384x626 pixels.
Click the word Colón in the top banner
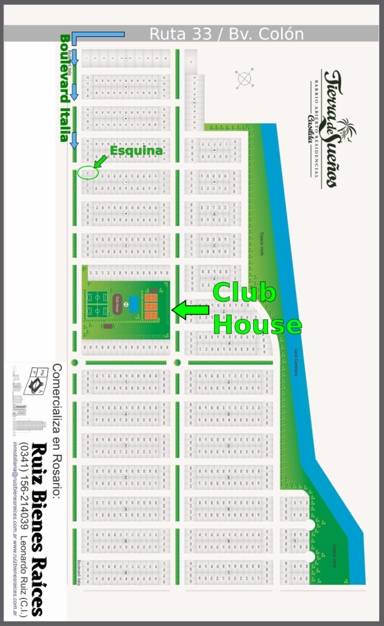pos(280,34)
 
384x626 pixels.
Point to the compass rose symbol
pos(244,79)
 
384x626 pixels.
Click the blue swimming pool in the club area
pos(134,304)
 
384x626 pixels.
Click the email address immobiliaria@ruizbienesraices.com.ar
pos(15,485)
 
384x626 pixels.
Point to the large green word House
pos(258,324)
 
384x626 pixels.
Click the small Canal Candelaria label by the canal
pos(295,363)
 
